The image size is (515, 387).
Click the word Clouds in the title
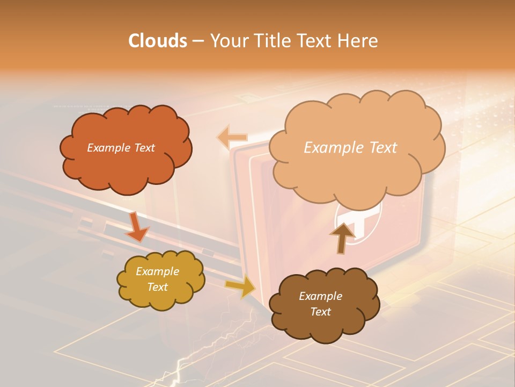pos(157,41)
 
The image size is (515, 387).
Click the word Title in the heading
pos(271,41)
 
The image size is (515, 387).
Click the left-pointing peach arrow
pos(231,137)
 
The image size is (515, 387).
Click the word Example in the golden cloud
pos(157,271)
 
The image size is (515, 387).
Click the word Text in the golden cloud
pos(157,288)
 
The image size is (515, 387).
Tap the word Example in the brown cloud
pos(320,296)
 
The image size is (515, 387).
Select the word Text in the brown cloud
pos(320,312)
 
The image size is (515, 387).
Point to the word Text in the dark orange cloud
pos(143,148)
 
